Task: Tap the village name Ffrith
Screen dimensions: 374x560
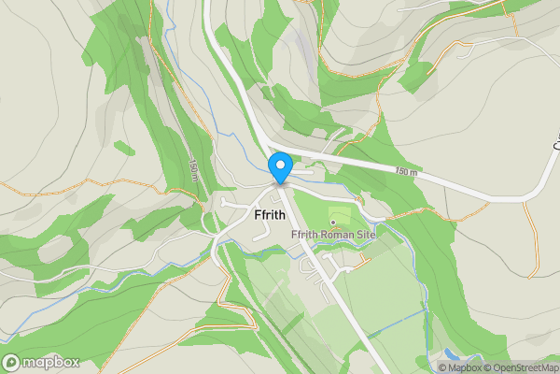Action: [276, 214]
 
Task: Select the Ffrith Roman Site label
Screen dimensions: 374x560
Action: [333, 235]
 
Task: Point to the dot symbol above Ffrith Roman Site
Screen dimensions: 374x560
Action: [333, 222]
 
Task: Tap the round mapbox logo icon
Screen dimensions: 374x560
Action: [11, 363]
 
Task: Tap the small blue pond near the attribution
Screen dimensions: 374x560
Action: [452, 354]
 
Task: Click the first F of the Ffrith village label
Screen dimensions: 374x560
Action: [258, 214]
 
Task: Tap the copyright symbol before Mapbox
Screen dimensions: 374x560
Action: [442, 368]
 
